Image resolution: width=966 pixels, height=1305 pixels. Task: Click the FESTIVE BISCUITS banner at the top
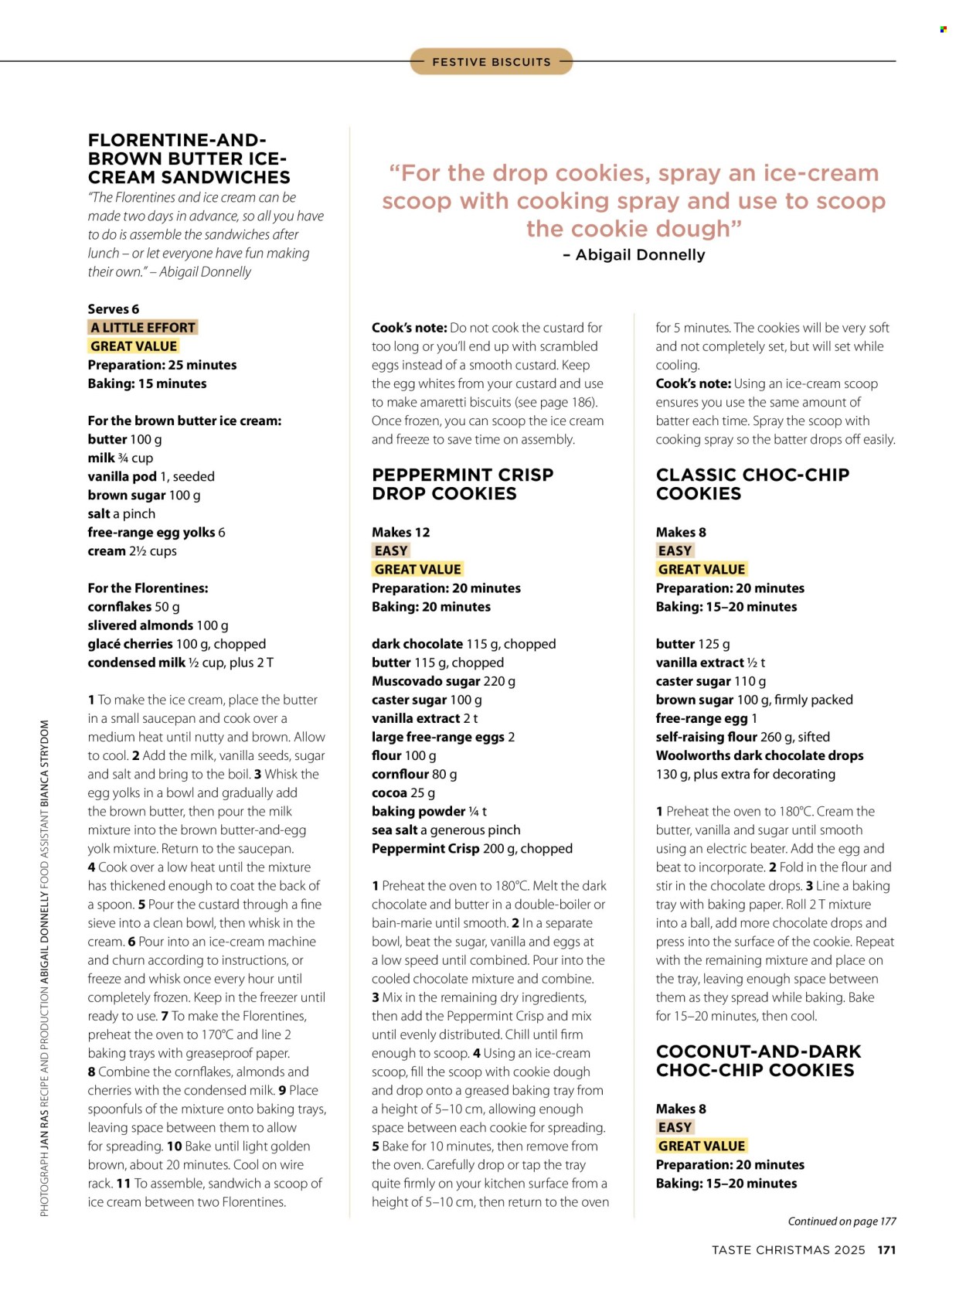tap(492, 62)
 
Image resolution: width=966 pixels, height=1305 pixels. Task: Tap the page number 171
tap(886, 1250)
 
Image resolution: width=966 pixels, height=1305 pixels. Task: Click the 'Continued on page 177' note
tap(842, 1222)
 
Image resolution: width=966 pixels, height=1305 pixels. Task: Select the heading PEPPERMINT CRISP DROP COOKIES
tap(462, 484)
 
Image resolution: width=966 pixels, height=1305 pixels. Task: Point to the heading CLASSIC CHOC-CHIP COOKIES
tap(752, 484)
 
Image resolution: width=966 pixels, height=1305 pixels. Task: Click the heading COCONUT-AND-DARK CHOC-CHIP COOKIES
tap(757, 1061)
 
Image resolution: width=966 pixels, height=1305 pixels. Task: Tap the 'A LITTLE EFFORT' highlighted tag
tap(143, 327)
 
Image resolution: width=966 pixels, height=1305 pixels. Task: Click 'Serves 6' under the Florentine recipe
tap(114, 309)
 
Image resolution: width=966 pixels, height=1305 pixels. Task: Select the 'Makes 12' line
tap(400, 532)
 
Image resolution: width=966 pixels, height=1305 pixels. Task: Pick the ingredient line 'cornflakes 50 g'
tap(134, 607)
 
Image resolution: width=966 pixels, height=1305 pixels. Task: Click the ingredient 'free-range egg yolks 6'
tap(156, 532)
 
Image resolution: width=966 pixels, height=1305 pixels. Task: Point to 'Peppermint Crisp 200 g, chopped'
tap(472, 848)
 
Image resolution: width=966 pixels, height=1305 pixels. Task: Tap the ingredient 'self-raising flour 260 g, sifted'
tap(742, 737)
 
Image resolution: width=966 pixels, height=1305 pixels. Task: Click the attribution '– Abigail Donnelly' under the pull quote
tap(634, 254)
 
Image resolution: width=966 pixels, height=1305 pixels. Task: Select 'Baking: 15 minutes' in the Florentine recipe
tap(147, 383)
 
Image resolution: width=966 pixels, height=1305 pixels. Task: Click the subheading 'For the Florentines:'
tap(148, 588)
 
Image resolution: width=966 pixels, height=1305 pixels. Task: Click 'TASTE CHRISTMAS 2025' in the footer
tap(787, 1250)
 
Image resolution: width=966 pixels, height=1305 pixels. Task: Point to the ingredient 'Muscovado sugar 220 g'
tap(443, 681)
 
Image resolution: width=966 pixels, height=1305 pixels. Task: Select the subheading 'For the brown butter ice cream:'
tap(184, 421)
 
